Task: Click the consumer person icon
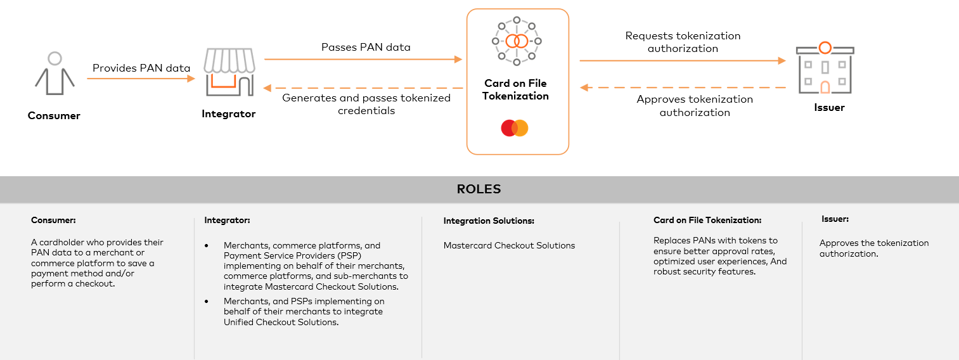click(55, 74)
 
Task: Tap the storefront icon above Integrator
click(229, 72)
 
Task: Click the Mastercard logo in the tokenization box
click(515, 128)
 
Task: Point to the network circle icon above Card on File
click(517, 41)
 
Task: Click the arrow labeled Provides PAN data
click(141, 79)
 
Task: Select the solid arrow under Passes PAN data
click(363, 60)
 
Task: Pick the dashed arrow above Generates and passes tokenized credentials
click(363, 87)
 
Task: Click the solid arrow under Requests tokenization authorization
click(683, 61)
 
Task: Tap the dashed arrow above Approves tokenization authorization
click(683, 88)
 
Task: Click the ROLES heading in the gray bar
click(479, 190)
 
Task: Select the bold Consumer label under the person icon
click(54, 116)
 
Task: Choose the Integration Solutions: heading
click(489, 221)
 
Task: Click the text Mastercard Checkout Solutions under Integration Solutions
click(509, 245)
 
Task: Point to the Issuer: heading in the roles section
click(835, 219)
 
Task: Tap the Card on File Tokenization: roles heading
click(707, 221)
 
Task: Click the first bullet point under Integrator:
click(207, 245)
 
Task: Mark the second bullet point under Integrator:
click(207, 301)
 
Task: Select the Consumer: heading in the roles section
click(53, 221)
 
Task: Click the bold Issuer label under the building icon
click(829, 108)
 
